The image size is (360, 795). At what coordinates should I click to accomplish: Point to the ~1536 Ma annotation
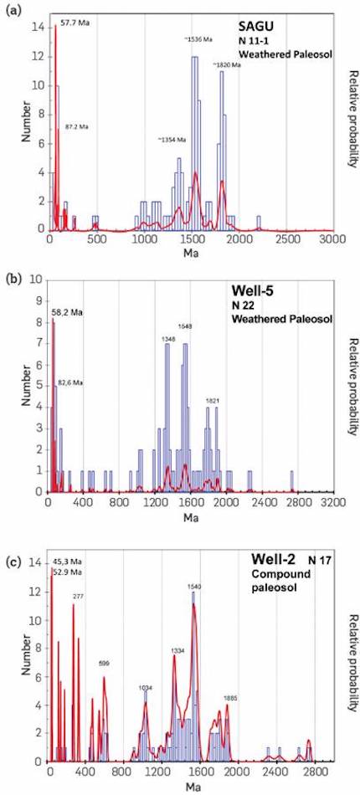[x=200, y=39]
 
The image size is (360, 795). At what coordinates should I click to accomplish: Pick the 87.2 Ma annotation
[x=76, y=126]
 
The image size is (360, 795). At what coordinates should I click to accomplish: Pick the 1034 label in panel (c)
[x=147, y=687]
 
